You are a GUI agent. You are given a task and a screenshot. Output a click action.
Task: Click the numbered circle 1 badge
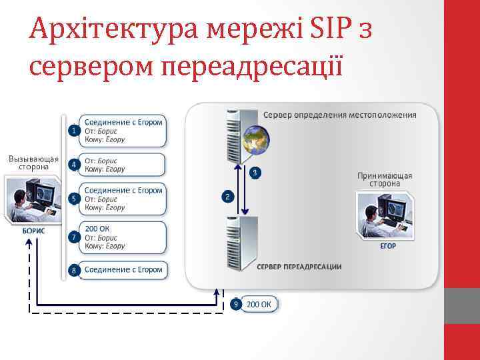[73, 131]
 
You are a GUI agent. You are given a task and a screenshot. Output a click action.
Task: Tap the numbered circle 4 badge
[73, 164]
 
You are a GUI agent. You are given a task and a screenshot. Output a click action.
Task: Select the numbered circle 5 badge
[73, 199]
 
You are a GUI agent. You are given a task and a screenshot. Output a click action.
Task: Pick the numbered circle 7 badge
[73, 237]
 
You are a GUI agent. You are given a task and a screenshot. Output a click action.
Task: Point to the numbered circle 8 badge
[73, 270]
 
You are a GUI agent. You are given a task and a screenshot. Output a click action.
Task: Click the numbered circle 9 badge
[235, 305]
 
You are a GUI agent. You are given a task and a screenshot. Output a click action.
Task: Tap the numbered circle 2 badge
[227, 197]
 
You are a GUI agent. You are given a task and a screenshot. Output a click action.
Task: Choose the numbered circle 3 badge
[255, 173]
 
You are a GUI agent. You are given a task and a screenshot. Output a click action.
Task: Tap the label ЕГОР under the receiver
[388, 245]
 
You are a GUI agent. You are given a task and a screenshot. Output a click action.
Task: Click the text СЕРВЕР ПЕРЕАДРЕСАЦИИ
[299, 267]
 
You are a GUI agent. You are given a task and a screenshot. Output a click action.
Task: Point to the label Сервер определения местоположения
[339, 115]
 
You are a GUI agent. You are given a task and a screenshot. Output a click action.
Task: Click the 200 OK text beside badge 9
[259, 305]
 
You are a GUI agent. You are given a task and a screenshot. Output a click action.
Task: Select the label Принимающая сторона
[385, 179]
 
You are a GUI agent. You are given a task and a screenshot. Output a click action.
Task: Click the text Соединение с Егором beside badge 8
[123, 270]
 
